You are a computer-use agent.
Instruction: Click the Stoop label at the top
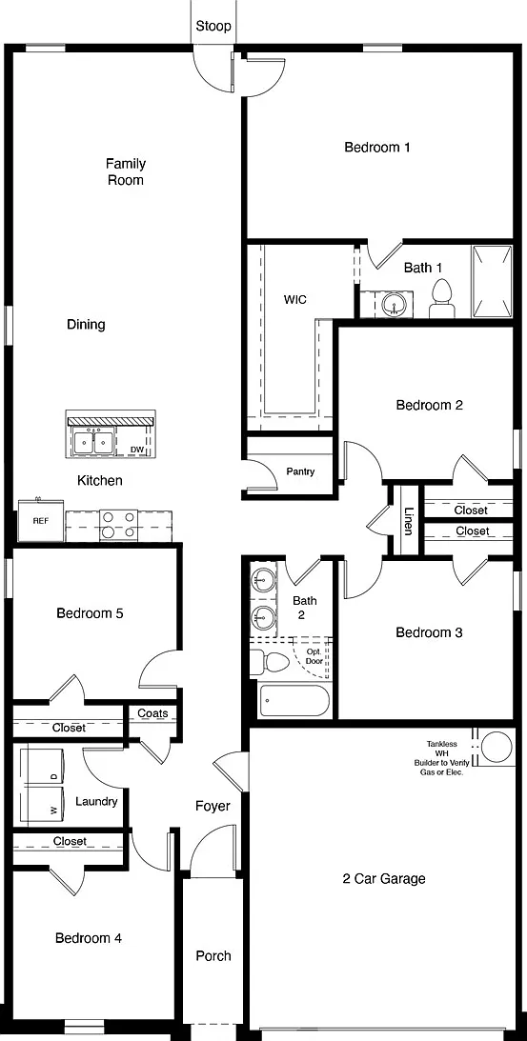tap(213, 26)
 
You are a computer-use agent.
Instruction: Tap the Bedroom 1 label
tap(376, 147)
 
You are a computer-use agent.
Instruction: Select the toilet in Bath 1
tap(442, 298)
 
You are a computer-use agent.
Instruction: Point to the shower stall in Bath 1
tap(492, 282)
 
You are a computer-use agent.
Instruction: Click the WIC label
tap(295, 300)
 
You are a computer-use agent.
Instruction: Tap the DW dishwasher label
tap(137, 450)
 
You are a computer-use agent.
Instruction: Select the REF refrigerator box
tap(41, 521)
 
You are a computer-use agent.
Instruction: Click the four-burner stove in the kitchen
tap(118, 525)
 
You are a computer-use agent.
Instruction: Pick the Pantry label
tap(300, 472)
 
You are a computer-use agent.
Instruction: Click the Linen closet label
tap(409, 520)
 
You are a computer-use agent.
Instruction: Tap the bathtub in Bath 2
tap(294, 700)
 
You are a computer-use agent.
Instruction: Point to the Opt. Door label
tap(314, 656)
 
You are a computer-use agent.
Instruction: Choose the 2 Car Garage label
tap(384, 879)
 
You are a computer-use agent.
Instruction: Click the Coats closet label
tap(152, 713)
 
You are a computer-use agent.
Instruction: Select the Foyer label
tap(213, 806)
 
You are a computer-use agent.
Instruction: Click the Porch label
tap(213, 956)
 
